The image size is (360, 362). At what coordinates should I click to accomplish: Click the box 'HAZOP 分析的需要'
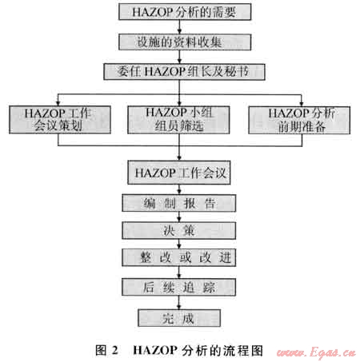pos(185,12)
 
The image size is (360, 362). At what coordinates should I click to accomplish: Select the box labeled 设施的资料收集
pos(185,42)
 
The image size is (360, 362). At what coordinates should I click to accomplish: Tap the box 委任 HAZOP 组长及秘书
pos(184,72)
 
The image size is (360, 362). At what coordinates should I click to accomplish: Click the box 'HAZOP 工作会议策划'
pos(60,120)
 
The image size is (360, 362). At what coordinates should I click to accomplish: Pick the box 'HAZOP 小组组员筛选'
pos(178,120)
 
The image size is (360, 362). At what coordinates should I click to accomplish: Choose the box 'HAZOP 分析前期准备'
pos(299,120)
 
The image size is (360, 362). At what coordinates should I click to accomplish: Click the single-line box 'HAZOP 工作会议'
pos(179,173)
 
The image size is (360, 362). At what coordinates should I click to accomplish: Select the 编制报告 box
pos(179,203)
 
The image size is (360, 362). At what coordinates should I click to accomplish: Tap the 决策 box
pos(179,230)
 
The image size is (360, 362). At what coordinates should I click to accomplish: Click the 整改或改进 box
pos(179,257)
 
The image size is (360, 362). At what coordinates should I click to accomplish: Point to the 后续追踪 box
pos(179,287)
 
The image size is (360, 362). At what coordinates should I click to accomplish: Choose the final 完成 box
pos(179,318)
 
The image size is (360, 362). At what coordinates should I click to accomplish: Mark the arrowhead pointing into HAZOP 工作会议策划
pos(58,103)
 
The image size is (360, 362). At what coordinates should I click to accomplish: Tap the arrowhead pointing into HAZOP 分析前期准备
pos(302,104)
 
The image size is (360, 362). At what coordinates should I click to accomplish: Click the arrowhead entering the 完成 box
pos(179,307)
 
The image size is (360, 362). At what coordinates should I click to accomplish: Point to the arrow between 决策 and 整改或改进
pos(179,244)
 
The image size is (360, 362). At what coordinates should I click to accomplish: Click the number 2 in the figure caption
pos(115,350)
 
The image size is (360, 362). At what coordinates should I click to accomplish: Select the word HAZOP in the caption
pos(155,350)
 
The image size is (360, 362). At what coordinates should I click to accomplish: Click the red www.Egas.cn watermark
pos(316,352)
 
